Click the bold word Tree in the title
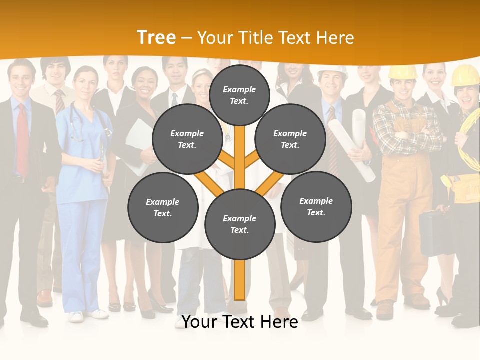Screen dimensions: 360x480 coord(156,37)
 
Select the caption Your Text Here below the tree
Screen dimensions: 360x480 coord(240,322)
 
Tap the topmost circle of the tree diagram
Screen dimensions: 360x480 coord(239,95)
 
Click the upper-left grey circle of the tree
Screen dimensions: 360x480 coord(187,139)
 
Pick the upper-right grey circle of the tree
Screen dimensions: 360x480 coord(290,139)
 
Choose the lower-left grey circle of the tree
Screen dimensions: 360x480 coord(163,207)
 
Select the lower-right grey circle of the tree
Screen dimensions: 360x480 coord(316,206)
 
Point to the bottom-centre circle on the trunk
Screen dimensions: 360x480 coord(240,224)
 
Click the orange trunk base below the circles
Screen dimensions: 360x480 coord(239,280)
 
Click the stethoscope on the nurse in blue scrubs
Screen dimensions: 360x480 coord(77,125)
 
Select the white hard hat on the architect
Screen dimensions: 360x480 coord(332,71)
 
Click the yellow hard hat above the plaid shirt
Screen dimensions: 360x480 coord(403,72)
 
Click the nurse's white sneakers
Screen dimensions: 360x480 coord(87,315)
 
